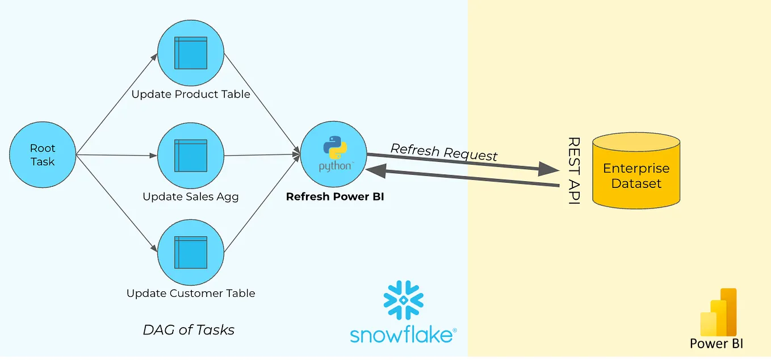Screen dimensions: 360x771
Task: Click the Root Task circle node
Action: click(x=43, y=154)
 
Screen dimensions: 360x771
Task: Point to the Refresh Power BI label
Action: click(x=335, y=197)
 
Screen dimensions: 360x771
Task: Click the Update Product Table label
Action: click(x=191, y=94)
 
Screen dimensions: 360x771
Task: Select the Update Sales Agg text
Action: click(x=191, y=197)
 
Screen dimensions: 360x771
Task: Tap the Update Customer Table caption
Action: click(x=191, y=294)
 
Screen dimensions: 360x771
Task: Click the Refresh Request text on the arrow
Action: click(x=444, y=152)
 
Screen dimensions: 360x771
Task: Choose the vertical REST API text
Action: click(x=573, y=170)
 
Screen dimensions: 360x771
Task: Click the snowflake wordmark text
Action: click(x=402, y=334)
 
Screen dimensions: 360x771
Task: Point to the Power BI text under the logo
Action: click(x=716, y=344)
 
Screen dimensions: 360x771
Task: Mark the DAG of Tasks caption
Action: click(x=188, y=330)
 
